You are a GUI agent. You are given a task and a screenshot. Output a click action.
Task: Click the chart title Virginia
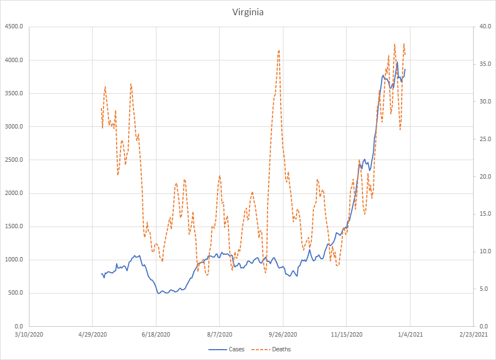pos(247,12)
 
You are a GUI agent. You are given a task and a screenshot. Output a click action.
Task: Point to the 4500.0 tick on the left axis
pos(14,27)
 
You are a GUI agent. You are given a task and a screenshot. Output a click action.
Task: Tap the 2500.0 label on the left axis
pos(14,160)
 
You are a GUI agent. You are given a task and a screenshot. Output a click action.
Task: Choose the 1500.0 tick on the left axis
pos(14,227)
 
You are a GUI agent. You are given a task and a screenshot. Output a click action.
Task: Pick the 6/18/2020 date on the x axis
pos(156,334)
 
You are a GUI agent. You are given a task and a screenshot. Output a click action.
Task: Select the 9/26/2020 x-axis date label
pos(283,334)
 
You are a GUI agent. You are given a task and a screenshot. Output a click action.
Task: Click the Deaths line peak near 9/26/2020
pos(279,51)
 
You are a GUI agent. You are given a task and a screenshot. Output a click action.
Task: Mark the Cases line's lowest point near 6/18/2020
pos(158,294)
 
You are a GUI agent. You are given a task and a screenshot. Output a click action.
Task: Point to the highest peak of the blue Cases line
pos(397,62)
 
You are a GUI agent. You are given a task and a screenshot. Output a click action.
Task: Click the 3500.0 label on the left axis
pos(14,93)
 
